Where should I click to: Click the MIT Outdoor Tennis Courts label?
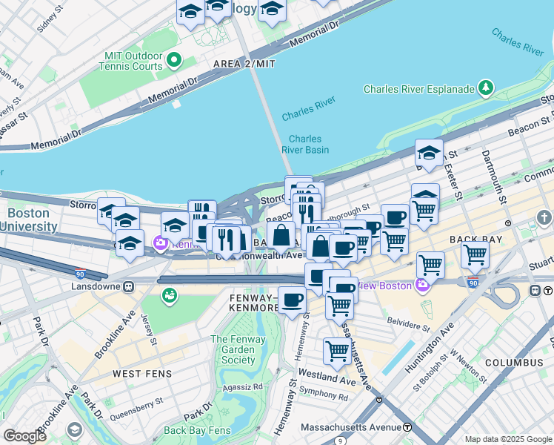click(x=131, y=60)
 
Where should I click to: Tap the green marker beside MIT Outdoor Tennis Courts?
click(x=175, y=59)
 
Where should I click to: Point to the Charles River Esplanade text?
click(x=418, y=89)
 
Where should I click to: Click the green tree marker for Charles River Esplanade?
click(x=485, y=88)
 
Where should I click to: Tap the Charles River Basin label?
click(x=304, y=144)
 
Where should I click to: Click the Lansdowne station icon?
click(x=129, y=286)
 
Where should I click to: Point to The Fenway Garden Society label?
click(x=233, y=350)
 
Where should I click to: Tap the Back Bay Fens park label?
click(x=197, y=430)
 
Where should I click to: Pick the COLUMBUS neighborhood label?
click(x=514, y=363)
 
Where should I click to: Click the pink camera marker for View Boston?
click(x=423, y=285)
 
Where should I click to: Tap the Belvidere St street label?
click(x=409, y=326)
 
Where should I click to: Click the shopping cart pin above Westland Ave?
click(x=337, y=351)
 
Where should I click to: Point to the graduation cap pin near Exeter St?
click(x=429, y=154)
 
